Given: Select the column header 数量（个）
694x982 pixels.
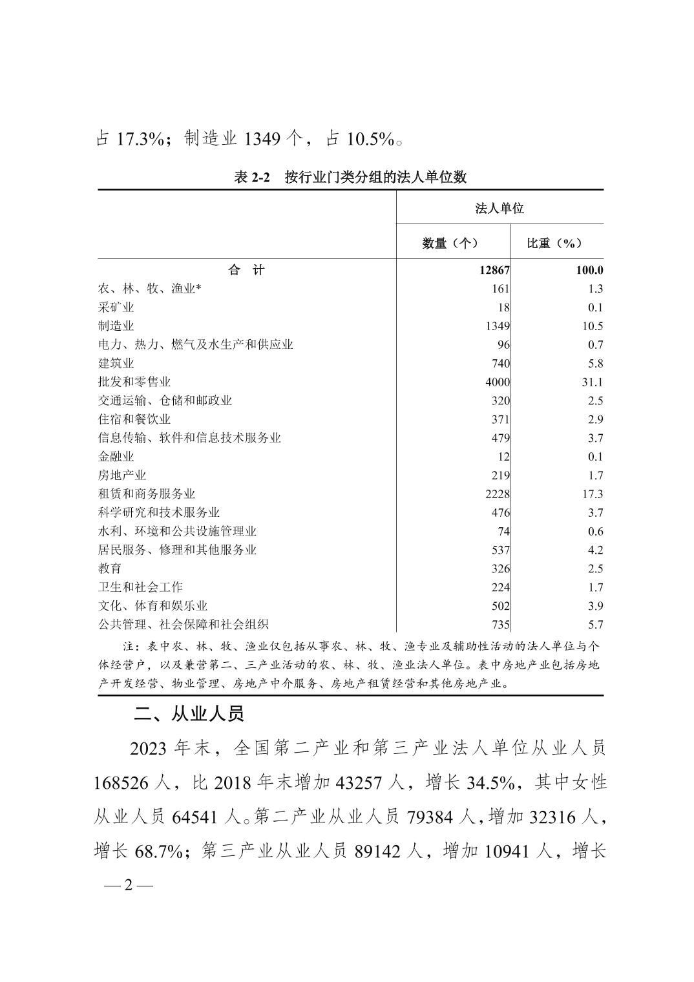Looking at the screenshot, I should tap(450, 243).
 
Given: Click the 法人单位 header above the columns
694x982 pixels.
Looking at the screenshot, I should tap(499, 208).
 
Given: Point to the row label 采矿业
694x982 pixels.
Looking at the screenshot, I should tap(116, 308).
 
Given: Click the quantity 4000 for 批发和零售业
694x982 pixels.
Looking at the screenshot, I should tap(497, 382).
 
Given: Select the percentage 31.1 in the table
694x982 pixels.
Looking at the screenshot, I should tap(592, 382).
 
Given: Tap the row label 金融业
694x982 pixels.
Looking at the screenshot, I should tap(116, 457).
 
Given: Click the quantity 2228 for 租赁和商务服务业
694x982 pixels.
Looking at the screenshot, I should tap(497, 494).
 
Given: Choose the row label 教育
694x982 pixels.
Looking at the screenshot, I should tap(110, 569).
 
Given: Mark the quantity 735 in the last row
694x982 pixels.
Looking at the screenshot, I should tap(500, 625).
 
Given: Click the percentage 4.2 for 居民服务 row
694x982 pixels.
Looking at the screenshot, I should tap(595, 550).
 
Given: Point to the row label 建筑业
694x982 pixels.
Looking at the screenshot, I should tap(116, 363).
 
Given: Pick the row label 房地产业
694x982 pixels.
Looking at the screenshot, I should tap(122, 475).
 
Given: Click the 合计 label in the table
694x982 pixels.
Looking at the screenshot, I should tap(246, 271).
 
